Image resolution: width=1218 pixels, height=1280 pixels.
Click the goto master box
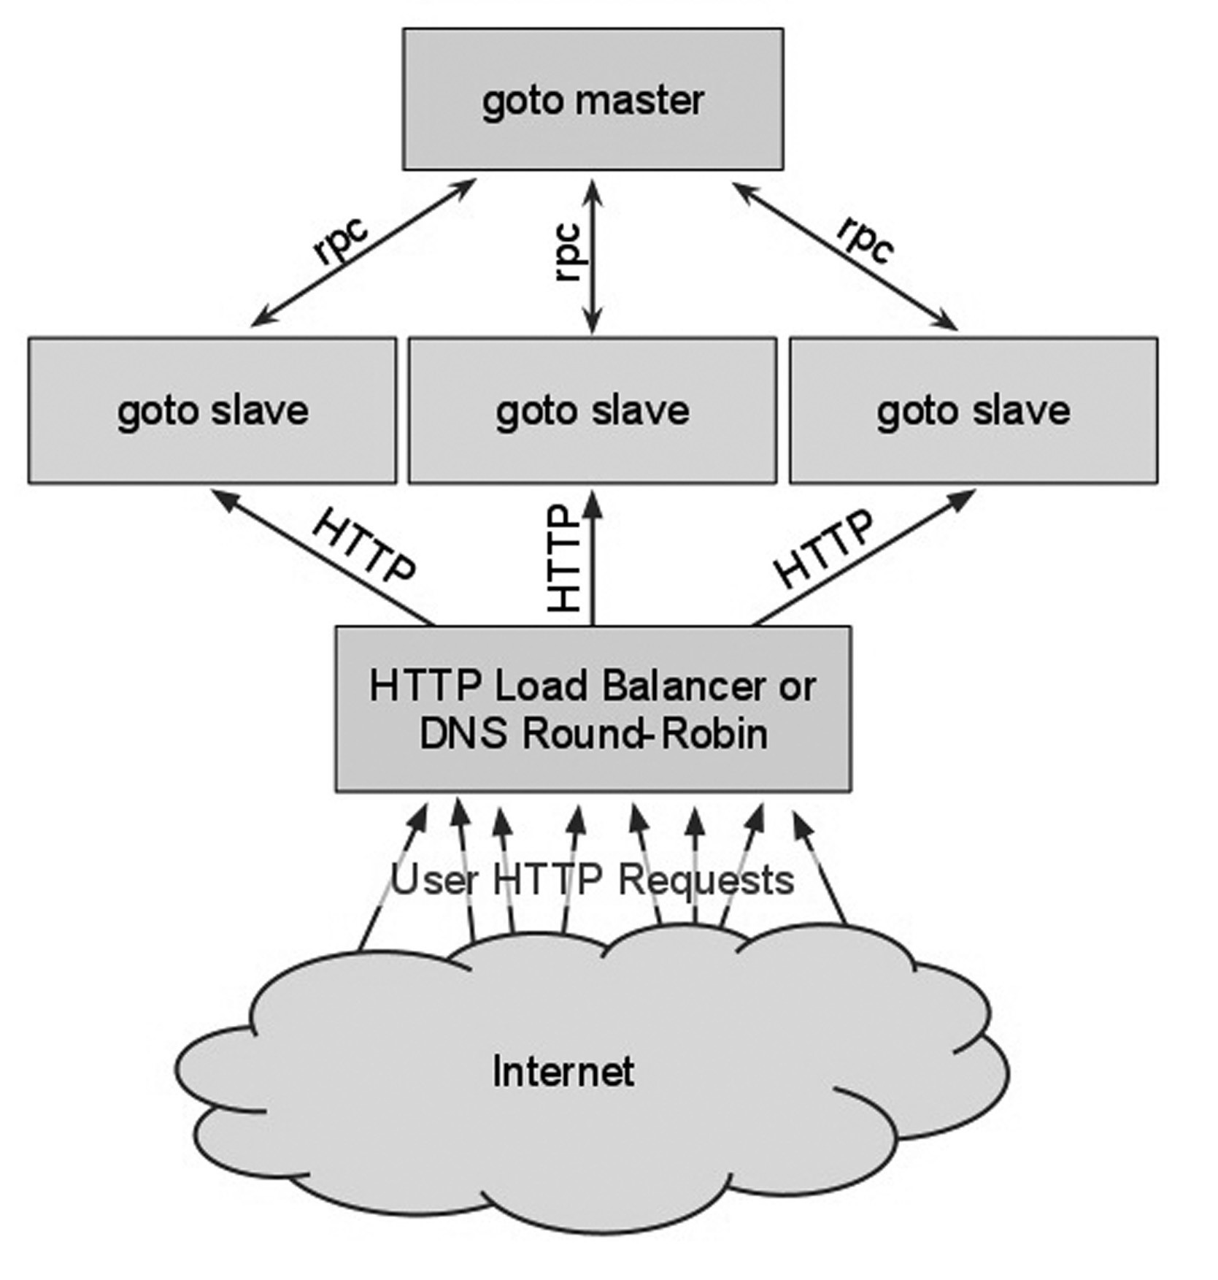click(x=593, y=99)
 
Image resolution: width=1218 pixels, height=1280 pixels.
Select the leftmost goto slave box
click(x=212, y=410)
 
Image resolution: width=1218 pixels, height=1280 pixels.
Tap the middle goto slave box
click(x=592, y=410)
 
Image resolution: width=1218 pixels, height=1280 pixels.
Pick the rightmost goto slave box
click(x=974, y=410)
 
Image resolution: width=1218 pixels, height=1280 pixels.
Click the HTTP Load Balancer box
click(x=593, y=708)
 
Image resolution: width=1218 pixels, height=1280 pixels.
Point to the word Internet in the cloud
click(x=563, y=1072)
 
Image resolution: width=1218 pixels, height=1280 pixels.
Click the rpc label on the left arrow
click(x=341, y=240)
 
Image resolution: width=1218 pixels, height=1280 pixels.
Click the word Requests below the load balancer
click(x=706, y=880)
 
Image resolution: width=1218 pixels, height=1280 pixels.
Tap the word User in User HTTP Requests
click(x=435, y=880)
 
